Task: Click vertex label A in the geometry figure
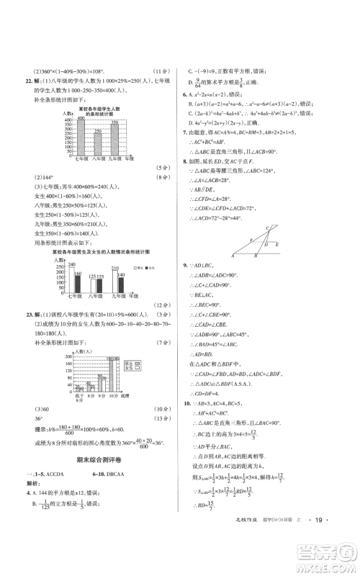(233, 255)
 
